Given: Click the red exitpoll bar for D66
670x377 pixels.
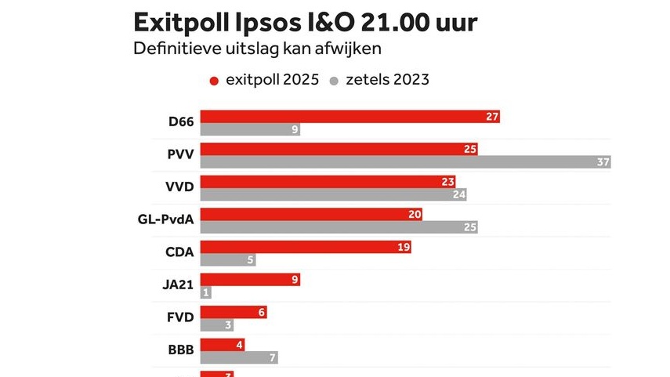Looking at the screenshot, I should [349, 117].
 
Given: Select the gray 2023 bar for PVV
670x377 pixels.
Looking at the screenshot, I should [405, 162].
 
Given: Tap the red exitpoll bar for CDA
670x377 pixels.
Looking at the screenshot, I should [306, 247].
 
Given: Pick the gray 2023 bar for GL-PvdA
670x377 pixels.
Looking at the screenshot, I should [339, 227].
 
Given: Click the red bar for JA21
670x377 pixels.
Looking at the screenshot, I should [250, 280].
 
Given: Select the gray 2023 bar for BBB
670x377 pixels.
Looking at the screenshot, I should [239, 357].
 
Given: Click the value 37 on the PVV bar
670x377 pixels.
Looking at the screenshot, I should [602, 162].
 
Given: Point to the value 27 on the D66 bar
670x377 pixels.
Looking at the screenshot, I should [492, 117].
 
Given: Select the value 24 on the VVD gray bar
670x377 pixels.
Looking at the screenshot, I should [459, 194].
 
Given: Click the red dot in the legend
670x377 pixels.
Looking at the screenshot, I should [213, 81].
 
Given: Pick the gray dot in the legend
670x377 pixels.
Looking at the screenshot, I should [333, 81].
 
